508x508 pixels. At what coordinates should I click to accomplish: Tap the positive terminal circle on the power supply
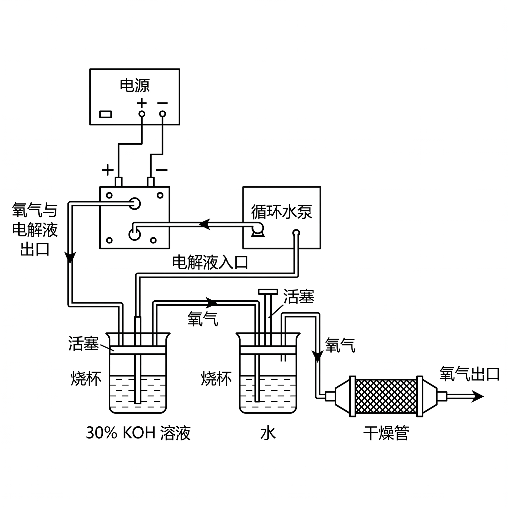(142, 114)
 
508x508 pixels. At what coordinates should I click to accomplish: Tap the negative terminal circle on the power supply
(162, 114)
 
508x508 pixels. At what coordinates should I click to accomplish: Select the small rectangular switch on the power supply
(105, 114)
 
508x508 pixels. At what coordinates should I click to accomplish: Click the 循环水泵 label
(282, 212)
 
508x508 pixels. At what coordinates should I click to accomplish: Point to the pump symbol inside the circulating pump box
(257, 229)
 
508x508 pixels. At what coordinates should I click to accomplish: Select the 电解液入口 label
(210, 262)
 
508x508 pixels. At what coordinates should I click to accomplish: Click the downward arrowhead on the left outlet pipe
(70, 257)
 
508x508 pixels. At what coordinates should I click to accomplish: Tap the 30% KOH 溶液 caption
(138, 433)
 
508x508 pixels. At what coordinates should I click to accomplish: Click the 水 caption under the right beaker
(268, 433)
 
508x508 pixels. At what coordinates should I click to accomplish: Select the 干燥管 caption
(386, 433)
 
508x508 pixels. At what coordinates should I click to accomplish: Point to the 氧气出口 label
(470, 374)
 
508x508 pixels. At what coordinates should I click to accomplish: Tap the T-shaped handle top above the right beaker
(268, 292)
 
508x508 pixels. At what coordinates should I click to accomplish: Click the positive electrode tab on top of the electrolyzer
(119, 182)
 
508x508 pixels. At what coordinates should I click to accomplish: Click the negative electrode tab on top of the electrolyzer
(151, 182)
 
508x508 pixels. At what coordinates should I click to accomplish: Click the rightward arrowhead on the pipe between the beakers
(211, 303)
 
